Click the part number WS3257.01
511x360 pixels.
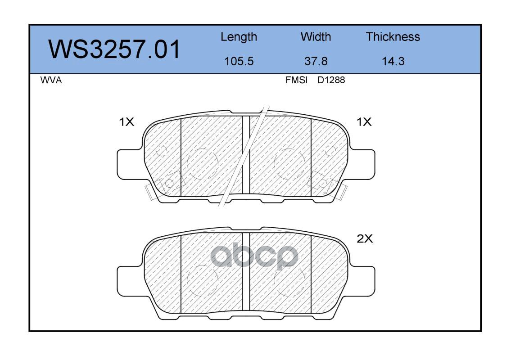114,49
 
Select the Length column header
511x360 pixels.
239,37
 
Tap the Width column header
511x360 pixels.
316,36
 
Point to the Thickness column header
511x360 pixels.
393,36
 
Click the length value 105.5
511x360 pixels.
239,61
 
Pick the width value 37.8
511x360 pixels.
316,61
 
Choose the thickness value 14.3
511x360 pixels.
393,61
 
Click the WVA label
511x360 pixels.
51,80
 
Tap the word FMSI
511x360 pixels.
296,80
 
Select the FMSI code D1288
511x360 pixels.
331,80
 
